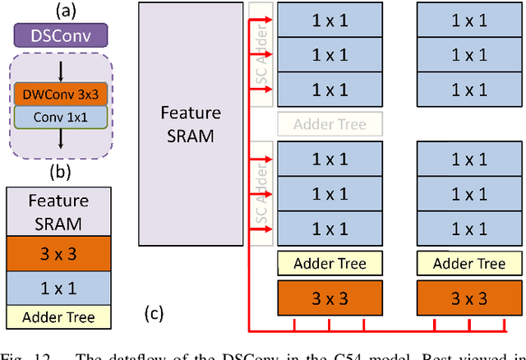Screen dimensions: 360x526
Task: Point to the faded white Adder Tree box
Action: point(330,124)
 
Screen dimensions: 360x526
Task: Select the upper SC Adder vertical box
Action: point(261,54)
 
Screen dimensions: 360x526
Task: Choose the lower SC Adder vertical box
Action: point(261,194)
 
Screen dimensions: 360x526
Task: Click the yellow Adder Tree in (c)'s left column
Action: point(330,264)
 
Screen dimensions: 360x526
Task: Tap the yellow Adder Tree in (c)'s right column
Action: point(469,264)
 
